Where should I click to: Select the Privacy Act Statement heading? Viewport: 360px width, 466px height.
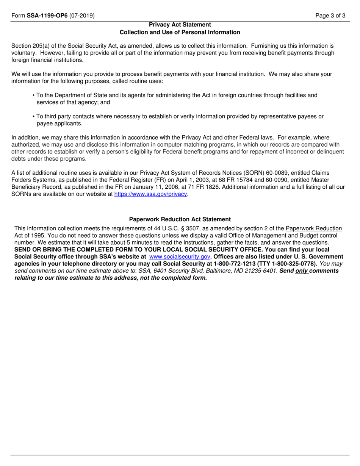tap(180, 25)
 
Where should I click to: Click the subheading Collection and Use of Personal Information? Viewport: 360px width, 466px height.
tap(180, 32)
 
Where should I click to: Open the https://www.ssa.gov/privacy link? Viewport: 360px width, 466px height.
tap(151, 194)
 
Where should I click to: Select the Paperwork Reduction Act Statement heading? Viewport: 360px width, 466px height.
tap(180, 219)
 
